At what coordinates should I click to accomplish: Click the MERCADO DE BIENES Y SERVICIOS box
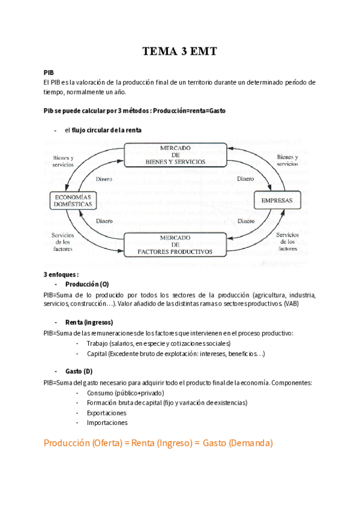pyautogui.click(x=176, y=155)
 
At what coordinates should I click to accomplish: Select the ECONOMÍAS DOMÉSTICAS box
pyautogui.click(x=73, y=200)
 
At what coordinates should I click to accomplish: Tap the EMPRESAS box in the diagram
pyautogui.click(x=277, y=200)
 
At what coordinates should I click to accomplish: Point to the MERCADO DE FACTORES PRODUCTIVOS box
pyautogui.click(x=175, y=245)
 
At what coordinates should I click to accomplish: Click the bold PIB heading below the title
pyautogui.click(x=49, y=71)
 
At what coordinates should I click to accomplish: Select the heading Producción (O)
pyautogui.click(x=87, y=284)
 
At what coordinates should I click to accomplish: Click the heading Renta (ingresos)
pyautogui.click(x=89, y=322)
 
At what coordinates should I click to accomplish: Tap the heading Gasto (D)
pyautogui.click(x=79, y=372)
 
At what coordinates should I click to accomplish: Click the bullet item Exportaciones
pyautogui.click(x=106, y=413)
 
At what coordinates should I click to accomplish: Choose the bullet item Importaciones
pyautogui.click(x=107, y=423)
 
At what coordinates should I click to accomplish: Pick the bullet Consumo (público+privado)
pyautogui.click(x=125, y=393)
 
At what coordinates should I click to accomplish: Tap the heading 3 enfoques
pyautogui.click(x=61, y=274)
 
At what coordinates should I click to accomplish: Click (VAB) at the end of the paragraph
pyautogui.click(x=290, y=304)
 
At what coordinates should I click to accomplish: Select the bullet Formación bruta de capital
pyautogui.click(x=166, y=403)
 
